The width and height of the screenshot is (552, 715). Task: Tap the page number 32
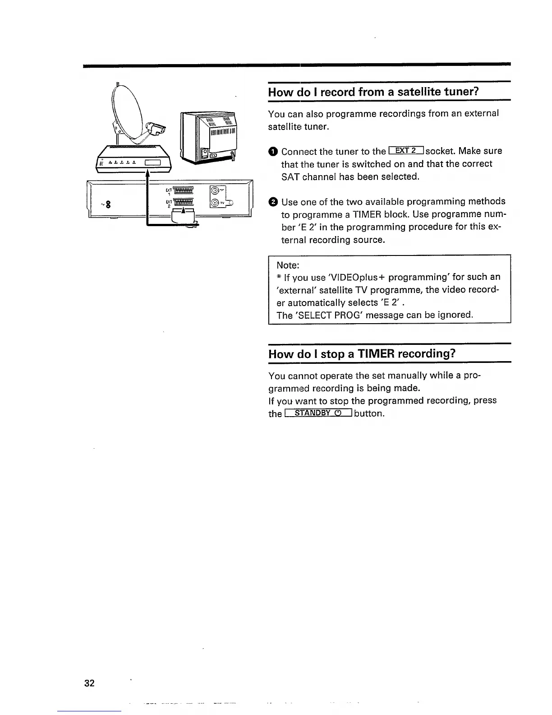click(89, 683)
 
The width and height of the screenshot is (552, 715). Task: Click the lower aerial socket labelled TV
click(215, 203)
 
